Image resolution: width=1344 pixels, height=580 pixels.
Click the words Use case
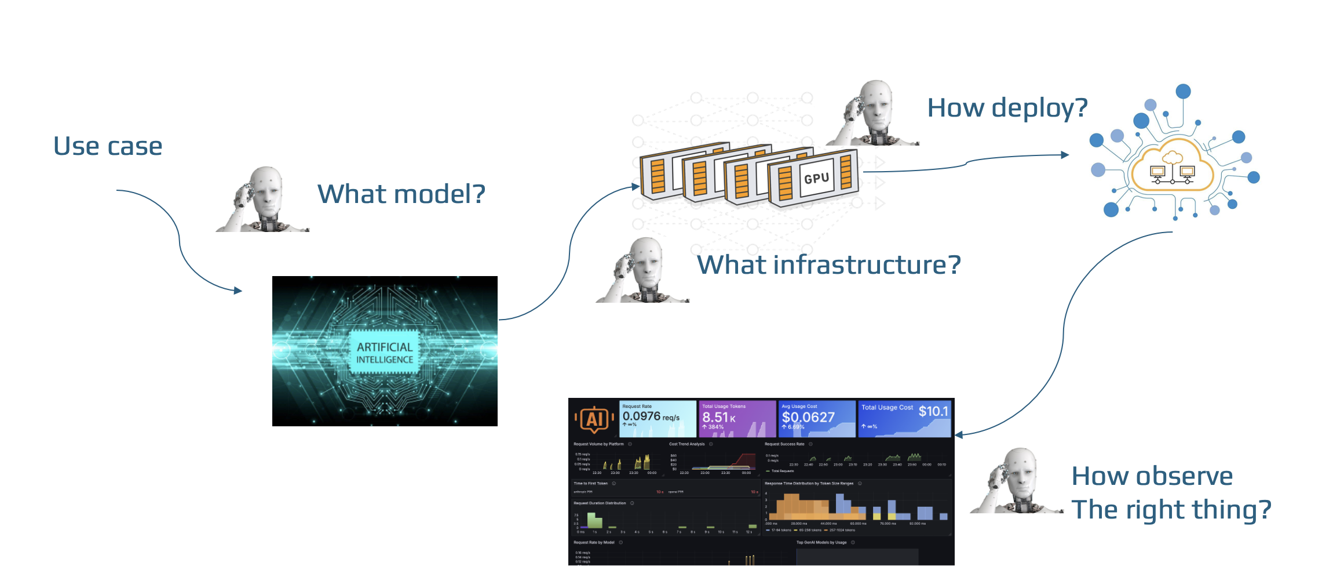click(108, 146)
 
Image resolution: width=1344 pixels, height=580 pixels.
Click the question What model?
click(401, 194)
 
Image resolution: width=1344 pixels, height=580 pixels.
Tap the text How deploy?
click(1007, 108)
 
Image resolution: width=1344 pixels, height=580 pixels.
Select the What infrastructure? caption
click(828, 265)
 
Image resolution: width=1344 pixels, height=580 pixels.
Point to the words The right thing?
click(1171, 510)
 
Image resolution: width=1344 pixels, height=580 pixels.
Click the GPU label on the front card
click(816, 178)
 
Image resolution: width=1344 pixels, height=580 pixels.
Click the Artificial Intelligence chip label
click(385, 353)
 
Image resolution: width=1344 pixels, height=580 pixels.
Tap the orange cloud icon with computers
click(1172, 168)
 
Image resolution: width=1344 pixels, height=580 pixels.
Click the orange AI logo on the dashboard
click(594, 418)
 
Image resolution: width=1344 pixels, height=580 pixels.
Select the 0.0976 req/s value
click(651, 416)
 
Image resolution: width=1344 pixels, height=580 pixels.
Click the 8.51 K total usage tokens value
click(719, 417)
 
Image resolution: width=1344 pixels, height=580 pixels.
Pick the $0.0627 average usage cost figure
click(808, 417)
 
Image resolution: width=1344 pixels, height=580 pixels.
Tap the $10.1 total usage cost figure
click(933, 411)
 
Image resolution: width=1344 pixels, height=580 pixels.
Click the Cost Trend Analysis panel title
click(687, 444)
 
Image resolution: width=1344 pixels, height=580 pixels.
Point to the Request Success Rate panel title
click(784, 444)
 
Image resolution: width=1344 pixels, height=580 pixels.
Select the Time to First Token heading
click(590, 483)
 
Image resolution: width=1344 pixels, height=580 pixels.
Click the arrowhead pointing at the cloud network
click(1065, 155)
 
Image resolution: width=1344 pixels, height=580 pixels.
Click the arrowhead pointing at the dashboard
click(959, 434)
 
